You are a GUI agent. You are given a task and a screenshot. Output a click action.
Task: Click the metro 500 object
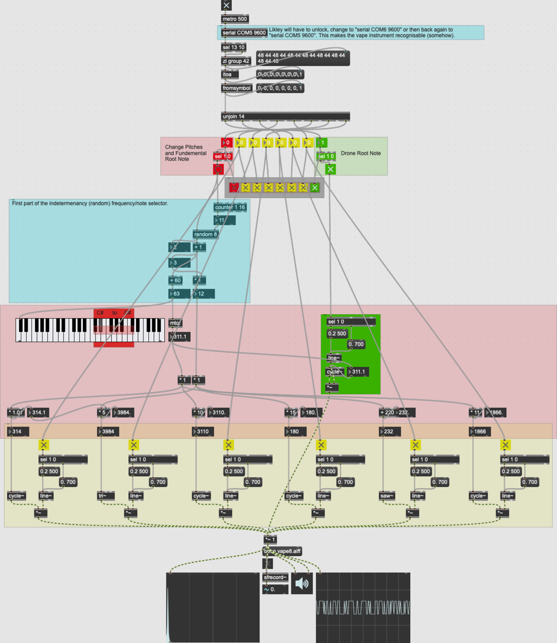click(235, 19)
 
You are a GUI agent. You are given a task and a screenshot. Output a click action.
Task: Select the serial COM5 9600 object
click(244, 33)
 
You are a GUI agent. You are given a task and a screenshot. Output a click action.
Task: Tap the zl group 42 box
click(236, 61)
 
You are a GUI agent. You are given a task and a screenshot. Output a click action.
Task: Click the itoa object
click(230, 75)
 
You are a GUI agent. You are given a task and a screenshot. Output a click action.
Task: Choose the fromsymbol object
click(237, 88)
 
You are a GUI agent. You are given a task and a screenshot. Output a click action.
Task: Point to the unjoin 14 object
click(285, 117)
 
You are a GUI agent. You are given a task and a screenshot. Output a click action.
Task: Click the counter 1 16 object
click(230, 207)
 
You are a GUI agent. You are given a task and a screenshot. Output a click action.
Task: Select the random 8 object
click(205, 234)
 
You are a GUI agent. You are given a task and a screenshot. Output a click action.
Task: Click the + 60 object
click(175, 281)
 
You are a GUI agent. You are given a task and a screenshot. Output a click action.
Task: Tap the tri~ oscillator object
click(106, 496)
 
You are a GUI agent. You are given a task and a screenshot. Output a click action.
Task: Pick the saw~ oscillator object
click(387, 496)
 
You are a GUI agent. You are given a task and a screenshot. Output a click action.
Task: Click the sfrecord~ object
click(276, 578)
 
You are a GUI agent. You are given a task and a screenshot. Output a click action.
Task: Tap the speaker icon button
click(302, 583)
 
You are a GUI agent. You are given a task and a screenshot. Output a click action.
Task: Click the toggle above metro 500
click(226, 5)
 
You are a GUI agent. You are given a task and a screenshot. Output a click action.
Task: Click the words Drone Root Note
click(361, 153)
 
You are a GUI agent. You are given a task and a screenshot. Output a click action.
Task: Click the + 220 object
click(388, 413)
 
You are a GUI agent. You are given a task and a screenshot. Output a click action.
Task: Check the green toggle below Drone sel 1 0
click(330, 169)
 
